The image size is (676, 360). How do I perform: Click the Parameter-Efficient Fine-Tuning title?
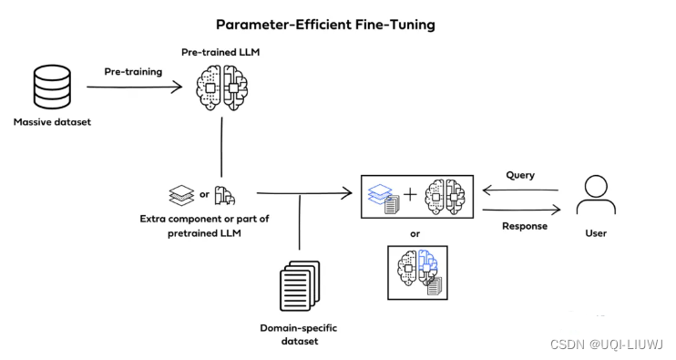tap(325, 25)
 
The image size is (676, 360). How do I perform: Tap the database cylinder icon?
tap(52, 87)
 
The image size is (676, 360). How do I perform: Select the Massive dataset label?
tap(52, 122)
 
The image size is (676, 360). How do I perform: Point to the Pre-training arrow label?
tap(133, 72)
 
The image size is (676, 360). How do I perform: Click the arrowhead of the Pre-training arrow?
tap(177, 87)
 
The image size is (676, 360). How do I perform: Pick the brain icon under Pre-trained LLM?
tap(222, 88)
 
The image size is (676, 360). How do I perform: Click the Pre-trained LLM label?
tap(220, 52)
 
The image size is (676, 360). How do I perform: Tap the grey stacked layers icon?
tap(181, 195)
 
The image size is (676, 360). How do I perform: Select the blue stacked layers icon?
tap(380, 193)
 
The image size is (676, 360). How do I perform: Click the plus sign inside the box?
tap(410, 195)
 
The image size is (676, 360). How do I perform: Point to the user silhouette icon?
tap(596, 194)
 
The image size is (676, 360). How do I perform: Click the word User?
tap(596, 233)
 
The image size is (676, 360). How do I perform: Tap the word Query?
tap(520, 175)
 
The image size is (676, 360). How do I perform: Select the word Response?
tap(525, 226)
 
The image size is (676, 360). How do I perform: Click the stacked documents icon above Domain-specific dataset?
tap(300, 286)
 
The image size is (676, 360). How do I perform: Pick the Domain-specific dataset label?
tap(299, 334)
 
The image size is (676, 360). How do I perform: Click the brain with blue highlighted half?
tap(417, 268)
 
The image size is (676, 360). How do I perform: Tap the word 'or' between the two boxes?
tap(415, 234)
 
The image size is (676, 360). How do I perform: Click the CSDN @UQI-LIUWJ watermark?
tap(607, 344)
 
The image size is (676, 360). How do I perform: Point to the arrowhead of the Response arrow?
tap(556, 210)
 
